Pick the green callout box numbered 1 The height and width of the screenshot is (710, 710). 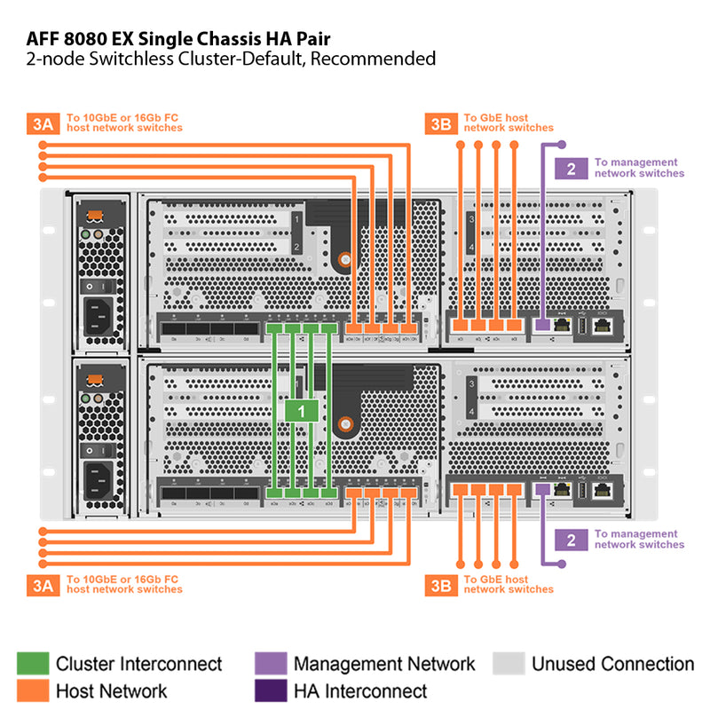[302, 411]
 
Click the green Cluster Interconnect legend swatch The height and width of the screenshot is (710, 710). [32, 664]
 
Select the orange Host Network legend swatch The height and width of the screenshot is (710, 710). [32, 690]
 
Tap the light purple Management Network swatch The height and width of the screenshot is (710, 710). [270, 664]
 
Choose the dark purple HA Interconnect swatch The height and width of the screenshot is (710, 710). [270, 690]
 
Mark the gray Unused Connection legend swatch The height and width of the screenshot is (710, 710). [508, 664]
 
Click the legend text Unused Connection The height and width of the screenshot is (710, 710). [612, 664]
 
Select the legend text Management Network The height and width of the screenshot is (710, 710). [384, 664]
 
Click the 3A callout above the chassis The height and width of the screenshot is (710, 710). [43, 122]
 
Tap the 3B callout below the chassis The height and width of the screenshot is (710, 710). [440, 584]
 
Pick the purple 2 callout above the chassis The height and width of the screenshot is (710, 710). [571, 168]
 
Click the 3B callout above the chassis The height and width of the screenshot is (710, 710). [440, 122]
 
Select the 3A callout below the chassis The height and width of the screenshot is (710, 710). [43, 584]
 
